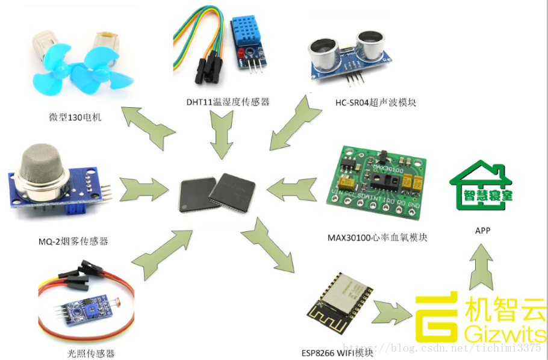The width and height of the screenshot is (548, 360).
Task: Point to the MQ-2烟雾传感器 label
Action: coord(72,241)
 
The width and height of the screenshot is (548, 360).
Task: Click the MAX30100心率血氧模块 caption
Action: coord(378,237)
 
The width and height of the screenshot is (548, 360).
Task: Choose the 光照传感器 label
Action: coord(91,353)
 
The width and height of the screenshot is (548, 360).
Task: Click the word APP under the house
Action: coord(483,230)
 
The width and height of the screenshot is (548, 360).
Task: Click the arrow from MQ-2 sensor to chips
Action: coord(144,189)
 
